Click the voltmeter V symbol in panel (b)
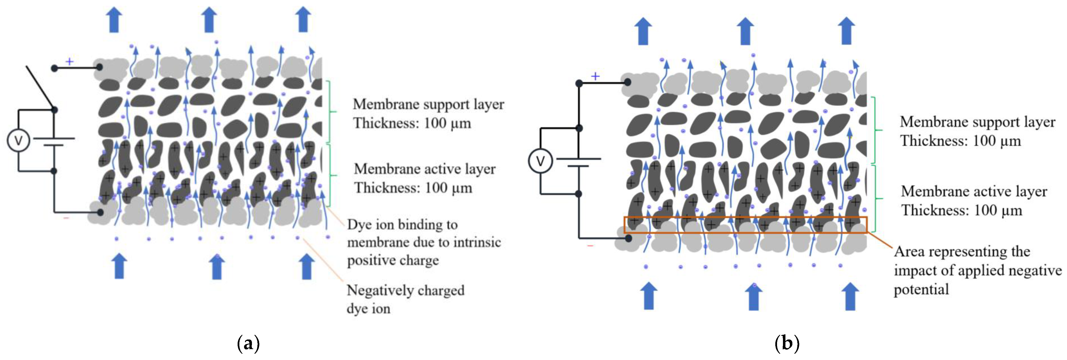[x=540, y=161]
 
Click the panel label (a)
[x=248, y=343]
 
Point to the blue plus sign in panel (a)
[x=70, y=62]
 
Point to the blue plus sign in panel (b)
[x=595, y=76]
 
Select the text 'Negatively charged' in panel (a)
[x=405, y=290]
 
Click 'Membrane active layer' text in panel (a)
[x=425, y=169]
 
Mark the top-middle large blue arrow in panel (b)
[x=745, y=31]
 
